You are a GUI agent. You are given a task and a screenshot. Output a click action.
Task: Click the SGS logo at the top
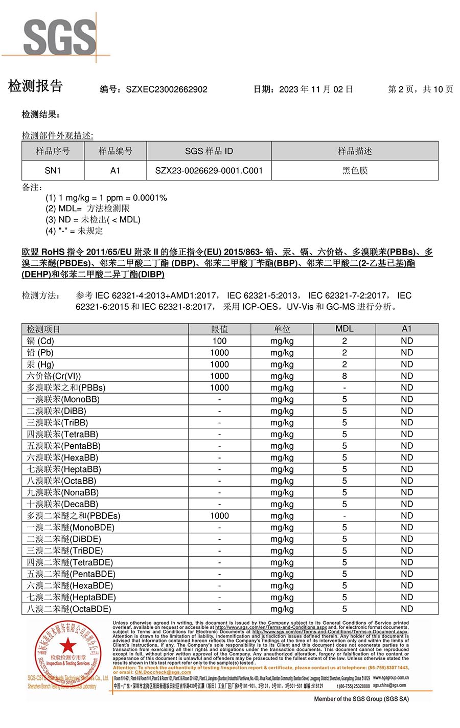point(59,37)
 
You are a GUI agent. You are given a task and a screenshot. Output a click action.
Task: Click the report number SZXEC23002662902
point(167,89)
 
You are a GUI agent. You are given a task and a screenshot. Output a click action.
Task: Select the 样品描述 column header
point(355,151)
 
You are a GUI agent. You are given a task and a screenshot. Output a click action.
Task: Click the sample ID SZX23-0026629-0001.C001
point(209,171)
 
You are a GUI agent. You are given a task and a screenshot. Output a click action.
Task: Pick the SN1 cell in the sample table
point(53,171)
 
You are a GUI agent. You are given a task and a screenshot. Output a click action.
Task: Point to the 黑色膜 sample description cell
point(355,171)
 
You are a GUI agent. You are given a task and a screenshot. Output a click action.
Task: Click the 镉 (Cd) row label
point(40,341)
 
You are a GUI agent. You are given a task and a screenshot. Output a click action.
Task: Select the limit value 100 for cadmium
point(219,341)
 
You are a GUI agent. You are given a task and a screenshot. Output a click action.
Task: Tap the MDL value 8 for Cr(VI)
point(344,376)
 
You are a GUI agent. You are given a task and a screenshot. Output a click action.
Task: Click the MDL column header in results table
point(344,329)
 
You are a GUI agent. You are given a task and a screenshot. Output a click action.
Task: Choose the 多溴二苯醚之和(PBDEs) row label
point(73,516)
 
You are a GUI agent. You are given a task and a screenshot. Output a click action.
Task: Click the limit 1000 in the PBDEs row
point(219,516)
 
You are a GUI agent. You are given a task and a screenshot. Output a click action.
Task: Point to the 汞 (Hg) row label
point(40,364)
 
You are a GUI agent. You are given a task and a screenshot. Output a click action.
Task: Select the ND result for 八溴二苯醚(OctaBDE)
point(406,609)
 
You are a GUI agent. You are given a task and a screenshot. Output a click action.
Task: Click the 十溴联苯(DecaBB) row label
point(62,504)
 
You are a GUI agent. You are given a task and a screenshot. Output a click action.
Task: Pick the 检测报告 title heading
point(35,86)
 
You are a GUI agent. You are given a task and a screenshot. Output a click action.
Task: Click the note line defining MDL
point(87,209)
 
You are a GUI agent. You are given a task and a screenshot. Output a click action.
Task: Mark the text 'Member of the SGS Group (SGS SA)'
point(361,699)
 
